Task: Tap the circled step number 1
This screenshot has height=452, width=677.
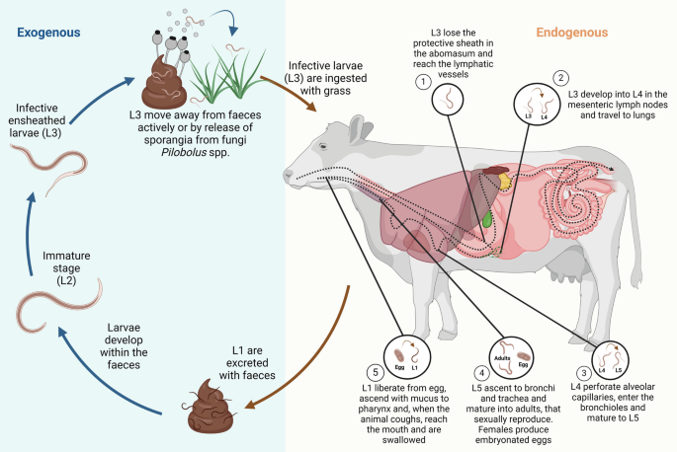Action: click(x=422, y=82)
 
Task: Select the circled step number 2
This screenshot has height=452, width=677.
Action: click(x=560, y=77)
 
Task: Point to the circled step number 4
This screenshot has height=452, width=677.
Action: click(x=481, y=374)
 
